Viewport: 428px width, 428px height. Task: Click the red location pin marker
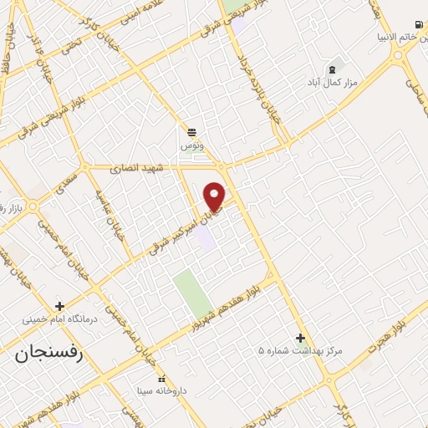pos(215,195)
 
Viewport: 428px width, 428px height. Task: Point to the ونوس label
pos(192,145)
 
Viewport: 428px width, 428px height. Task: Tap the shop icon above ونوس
pos(192,131)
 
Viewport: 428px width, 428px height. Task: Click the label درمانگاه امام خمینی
pos(59,320)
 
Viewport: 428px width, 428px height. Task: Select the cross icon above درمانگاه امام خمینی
pos(59,306)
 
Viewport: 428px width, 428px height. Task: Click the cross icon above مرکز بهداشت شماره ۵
pos(300,338)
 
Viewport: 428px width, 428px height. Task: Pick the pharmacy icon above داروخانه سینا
pos(163,377)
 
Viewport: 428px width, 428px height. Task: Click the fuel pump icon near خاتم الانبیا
pos(417,24)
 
